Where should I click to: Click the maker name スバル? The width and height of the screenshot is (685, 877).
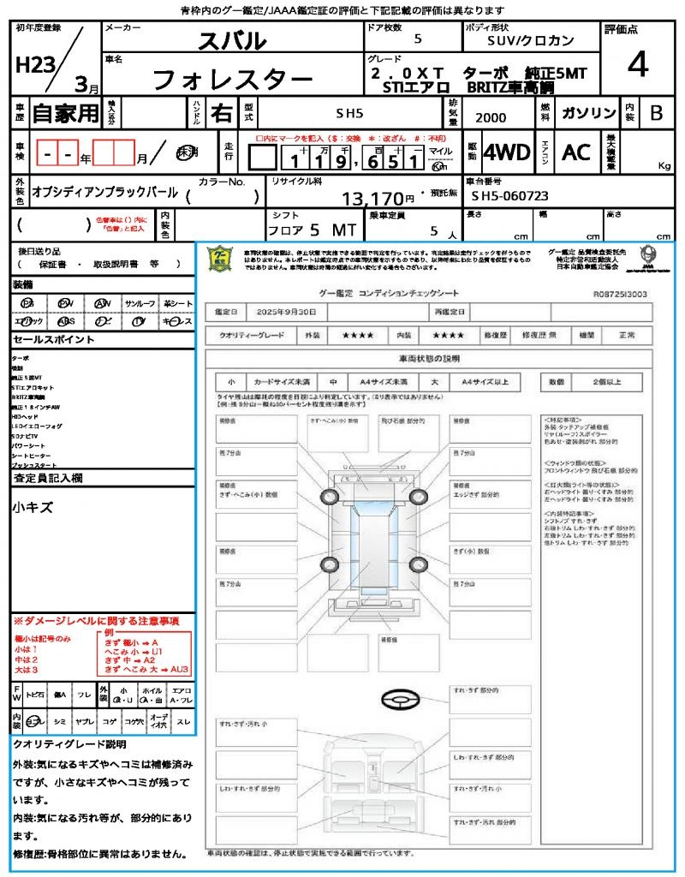pyautogui.click(x=232, y=40)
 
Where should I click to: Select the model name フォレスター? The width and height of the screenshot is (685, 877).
pyautogui.click(x=232, y=81)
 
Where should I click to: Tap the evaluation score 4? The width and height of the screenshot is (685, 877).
pyautogui.click(x=637, y=64)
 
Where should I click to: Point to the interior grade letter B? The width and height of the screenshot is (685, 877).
pyautogui.click(x=656, y=113)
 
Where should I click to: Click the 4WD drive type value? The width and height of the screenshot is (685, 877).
pyautogui.click(x=506, y=153)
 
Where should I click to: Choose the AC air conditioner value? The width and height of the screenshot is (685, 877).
pyautogui.click(x=575, y=153)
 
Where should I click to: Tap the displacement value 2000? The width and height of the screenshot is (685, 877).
pyautogui.click(x=491, y=118)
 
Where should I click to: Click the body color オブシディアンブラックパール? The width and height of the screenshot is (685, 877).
pyautogui.click(x=104, y=193)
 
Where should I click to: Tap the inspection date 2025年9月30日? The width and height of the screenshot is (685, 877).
pyautogui.click(x=291, y=312)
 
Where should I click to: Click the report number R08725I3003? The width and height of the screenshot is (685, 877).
pyautogui.click(x=620, y=294)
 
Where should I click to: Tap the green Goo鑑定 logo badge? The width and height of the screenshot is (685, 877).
pyautogui.click(x=221, y=260)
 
